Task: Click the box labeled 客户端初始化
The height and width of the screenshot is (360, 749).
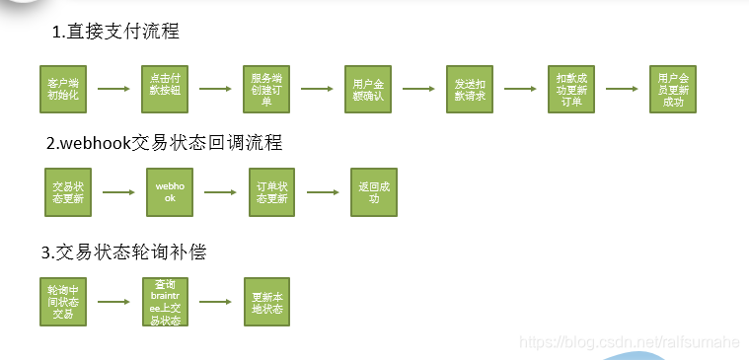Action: (x=63, y=89)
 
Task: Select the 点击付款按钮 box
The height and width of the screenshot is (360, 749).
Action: (x=164, y=89)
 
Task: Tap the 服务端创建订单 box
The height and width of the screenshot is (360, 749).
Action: (x=266, y=89)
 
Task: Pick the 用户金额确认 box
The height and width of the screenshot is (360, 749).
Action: (x=368, y=89)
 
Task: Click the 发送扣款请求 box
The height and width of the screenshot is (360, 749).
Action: (x=470, y=89)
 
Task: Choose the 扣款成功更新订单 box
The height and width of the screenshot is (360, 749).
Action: (x=571, y=89)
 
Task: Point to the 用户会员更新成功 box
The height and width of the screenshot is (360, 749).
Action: (x=673, y=89)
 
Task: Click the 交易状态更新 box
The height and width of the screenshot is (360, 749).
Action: (x=67, y=192)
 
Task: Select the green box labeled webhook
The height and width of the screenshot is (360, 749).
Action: (x=170, y=192)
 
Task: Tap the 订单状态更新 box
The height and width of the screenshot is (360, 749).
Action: (x=272, y=192)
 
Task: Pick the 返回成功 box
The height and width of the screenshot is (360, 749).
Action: (x=374, y=192)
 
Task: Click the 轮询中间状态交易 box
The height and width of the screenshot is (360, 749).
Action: (x=63, y=302)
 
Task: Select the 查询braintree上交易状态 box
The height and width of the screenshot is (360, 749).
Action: (x=164, y=302)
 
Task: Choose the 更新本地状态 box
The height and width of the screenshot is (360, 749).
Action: (x=266, y=302)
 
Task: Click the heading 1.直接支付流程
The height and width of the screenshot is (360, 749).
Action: (x=116, y=32)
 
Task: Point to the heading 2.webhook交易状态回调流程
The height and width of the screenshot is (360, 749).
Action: (x=165, y=143)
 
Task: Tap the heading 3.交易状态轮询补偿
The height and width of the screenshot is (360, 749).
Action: (x=123, y=252)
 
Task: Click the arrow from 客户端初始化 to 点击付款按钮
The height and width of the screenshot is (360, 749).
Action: (x=113, y=89)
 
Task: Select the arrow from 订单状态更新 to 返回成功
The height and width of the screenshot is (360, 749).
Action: (x=323, y=192)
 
